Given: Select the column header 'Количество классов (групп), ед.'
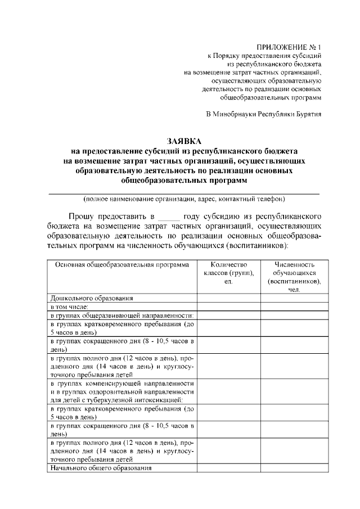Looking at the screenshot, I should point(228,273).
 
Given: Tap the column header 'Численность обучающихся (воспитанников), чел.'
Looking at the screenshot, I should point(294,277).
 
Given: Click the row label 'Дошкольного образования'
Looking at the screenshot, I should point(92,298).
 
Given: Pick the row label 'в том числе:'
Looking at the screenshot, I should point(66,307).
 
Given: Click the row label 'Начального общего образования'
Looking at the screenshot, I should point(101,468).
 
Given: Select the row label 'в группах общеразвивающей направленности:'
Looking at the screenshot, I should point(121,316).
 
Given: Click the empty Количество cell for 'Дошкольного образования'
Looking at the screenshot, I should point(228,298).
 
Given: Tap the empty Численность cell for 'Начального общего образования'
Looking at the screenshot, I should point(294,468).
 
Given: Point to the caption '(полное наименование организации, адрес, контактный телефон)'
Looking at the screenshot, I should point(184,199).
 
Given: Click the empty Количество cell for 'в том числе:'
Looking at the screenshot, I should point(228,307).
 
